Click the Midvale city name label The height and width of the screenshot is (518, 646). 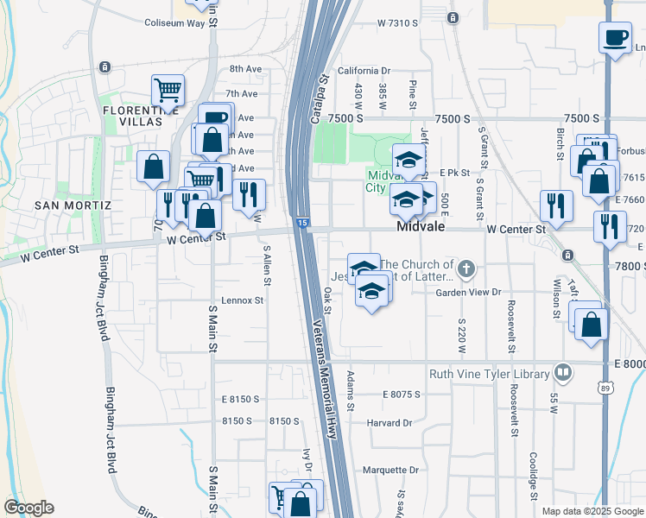click(420, 227)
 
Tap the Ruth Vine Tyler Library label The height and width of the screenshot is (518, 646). click(490, 374)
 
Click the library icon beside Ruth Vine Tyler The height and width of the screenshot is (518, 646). click(563, 373)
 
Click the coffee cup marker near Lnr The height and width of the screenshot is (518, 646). click(615, 39)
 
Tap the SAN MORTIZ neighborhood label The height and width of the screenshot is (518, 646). click(73, 205)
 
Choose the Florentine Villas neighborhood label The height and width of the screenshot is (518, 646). click(132, 116)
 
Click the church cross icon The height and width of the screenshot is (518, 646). click(465, 269)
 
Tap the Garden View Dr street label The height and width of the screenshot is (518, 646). click(468, 293)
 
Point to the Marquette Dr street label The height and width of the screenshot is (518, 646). click(389, 471)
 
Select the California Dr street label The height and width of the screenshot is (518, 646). click(364, 71)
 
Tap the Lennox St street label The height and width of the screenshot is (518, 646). click(242, 300)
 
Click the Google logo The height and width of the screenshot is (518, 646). click(28, 508)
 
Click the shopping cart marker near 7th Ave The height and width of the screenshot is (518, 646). click(168, 89)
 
